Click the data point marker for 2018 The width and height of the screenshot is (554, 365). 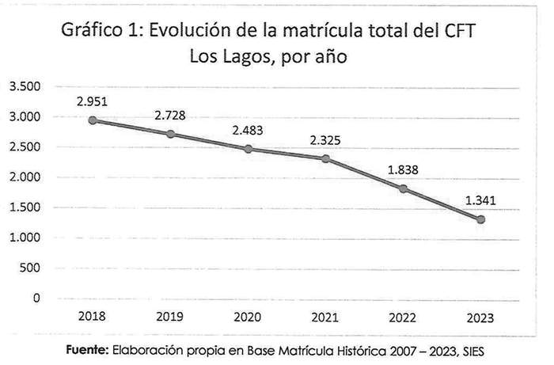tap(93, 120)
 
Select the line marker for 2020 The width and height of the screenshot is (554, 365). tap(249, 149)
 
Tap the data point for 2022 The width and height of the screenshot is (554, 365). tap(404, 188)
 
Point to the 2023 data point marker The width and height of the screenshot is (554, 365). tap(480, 219)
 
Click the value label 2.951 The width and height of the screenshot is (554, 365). tap(93, 101)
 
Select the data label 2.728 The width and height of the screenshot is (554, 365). tap(171, 116)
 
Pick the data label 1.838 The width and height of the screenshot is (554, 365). tap(404, 169)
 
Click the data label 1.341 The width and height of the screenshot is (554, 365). tap(480, 200)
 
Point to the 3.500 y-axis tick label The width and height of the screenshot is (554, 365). tap(25, 86)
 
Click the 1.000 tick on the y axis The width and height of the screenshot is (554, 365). tap(25, 238)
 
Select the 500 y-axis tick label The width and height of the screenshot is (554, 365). tap(30, 268)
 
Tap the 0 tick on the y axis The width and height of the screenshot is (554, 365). tap(36, 298)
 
